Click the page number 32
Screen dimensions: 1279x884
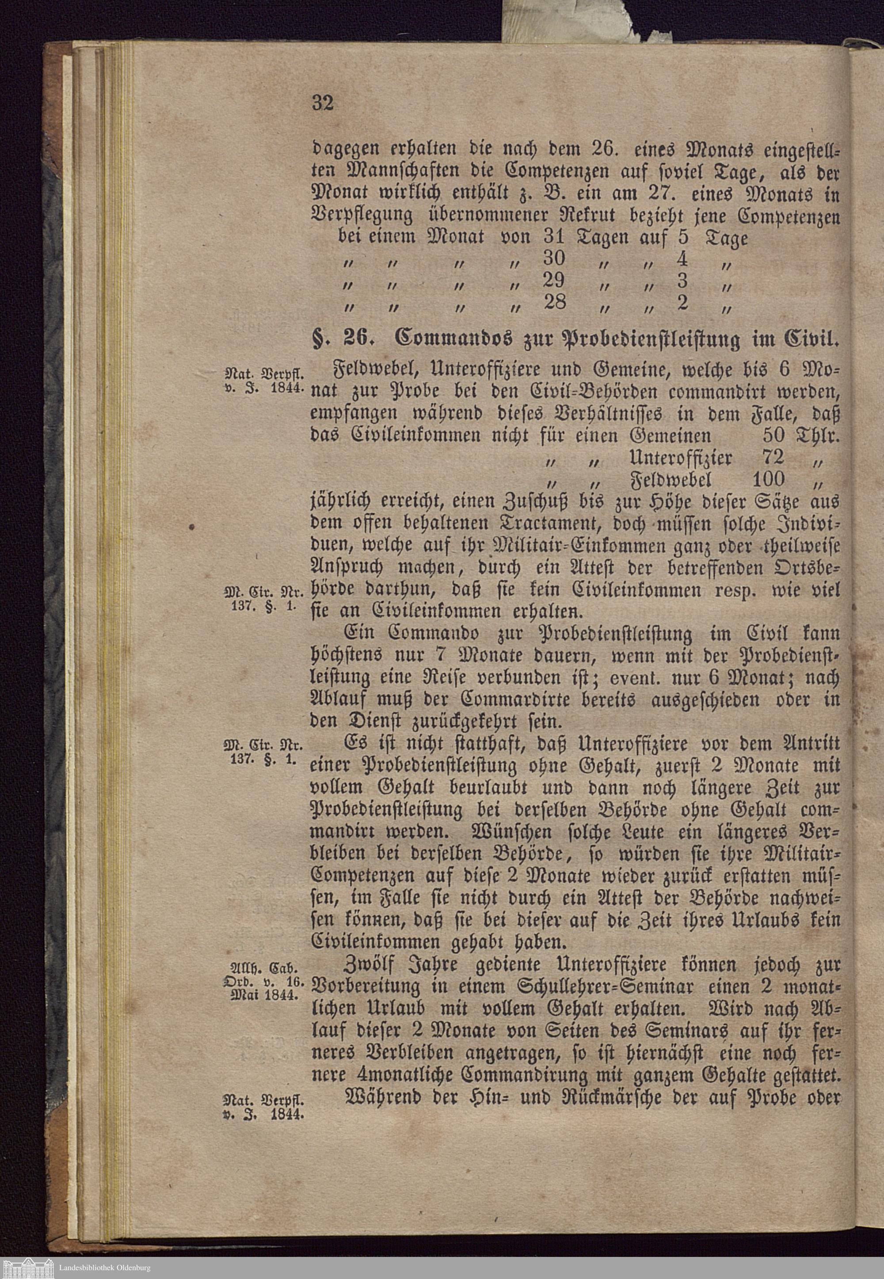[x=323, y=103]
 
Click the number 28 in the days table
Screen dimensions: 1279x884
[x=553, y=301]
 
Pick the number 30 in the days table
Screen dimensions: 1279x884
[x=554, y=258]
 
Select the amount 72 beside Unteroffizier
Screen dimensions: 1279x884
[x=772, y=457]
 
